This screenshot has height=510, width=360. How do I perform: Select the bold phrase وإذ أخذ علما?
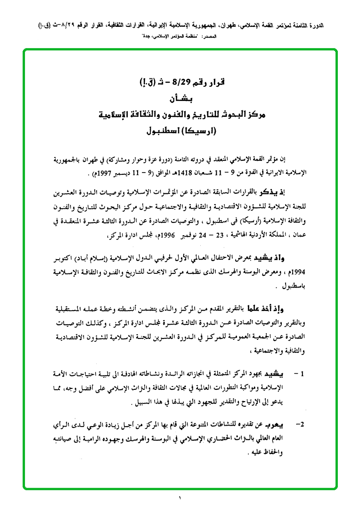coord(288,309)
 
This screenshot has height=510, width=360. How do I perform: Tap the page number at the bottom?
coord(180,499)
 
